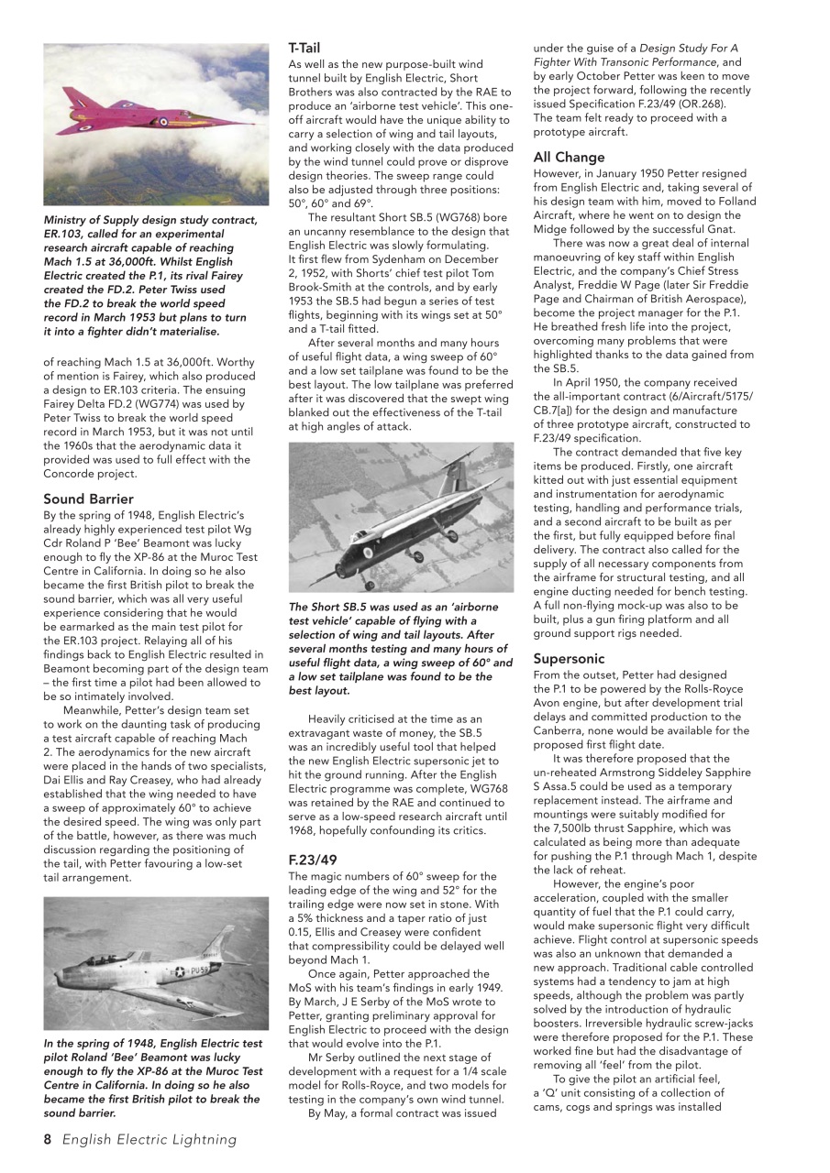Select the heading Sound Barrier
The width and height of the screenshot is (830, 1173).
pyautogui.click(x=88, y=499)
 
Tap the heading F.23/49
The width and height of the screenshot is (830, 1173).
pyautogui.click(x=313, y=860)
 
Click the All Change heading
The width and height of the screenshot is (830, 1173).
pyautogui.click(x=569, y=158)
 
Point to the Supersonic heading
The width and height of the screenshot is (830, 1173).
pyautogui.click(x=569, y=659)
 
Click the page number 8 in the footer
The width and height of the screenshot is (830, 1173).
pyautogui.click(x=49, y=1140)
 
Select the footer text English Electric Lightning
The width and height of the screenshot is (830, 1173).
pyautogui.click(x=149, y=1140)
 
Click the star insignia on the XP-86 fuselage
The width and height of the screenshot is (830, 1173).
pyautogui.click(x=180, y=971)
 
